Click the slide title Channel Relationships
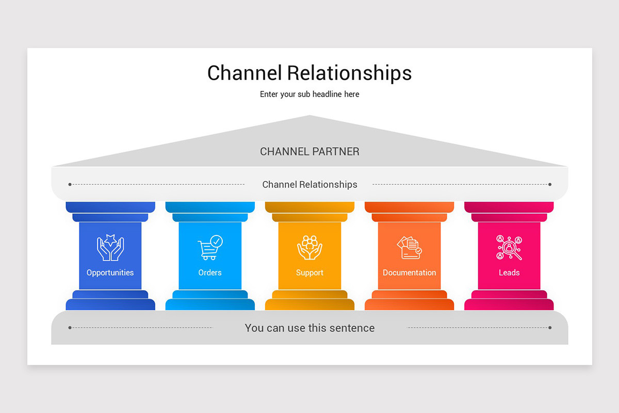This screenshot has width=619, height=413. pos(309,73)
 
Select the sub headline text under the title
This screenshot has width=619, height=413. pos(309,94)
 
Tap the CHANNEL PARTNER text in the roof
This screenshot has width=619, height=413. pos(309,152)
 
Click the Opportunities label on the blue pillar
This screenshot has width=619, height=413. pos(110,273)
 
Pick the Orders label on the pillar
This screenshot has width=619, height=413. pos(210,273)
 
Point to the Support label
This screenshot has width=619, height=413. pos(309,273)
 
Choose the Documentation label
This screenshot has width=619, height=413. pos(409,273)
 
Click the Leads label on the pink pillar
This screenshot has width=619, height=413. pos(509,273)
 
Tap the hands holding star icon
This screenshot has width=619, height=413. pos(110,247)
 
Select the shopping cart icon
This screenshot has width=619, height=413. pos(210,247)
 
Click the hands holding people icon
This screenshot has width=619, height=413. pos(309,247)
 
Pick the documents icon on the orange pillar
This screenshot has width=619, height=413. pos(409,247)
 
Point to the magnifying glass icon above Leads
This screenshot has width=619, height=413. pos(509,247)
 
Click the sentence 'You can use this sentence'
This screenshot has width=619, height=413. pos(309,328)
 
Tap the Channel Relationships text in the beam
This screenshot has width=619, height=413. pos(309,184)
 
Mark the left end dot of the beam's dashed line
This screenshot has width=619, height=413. pos(70,184)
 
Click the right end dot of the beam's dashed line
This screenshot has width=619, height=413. pos(550,184)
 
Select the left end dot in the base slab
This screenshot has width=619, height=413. pos(70,327)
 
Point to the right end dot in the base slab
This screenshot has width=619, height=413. pos(550,327)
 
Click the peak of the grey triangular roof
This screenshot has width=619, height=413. pos(309,117)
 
